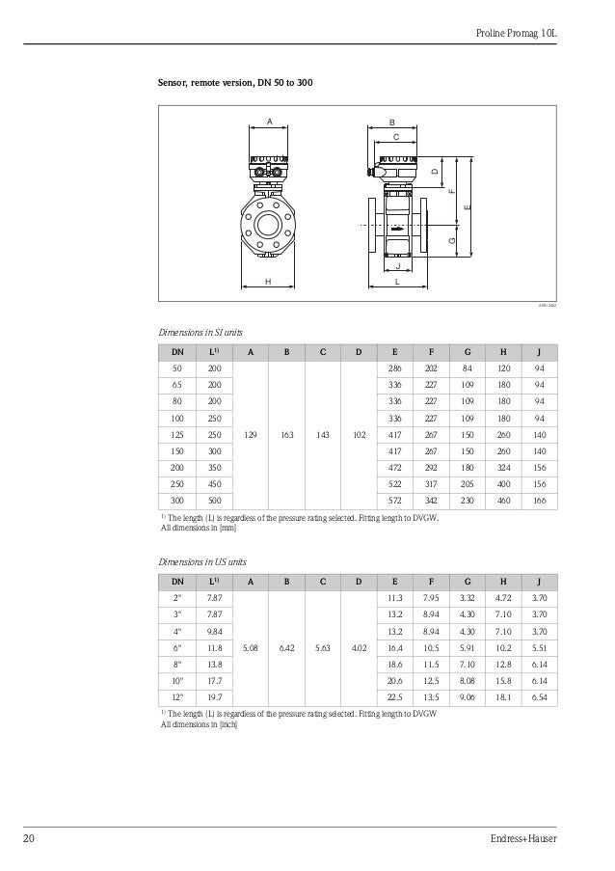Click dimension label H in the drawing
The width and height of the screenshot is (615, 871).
pos(267,281)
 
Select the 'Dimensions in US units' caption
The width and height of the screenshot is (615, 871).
pos(201,559)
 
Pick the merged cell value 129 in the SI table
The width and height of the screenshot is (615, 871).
pos(250,435)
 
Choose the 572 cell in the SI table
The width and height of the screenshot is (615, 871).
pos(393,502)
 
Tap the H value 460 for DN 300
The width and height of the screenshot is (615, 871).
pos(502,502)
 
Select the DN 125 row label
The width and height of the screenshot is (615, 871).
pos(176,435)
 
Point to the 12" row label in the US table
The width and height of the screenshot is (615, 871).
pos(176,696)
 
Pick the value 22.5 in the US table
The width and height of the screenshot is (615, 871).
pos(393,696)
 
